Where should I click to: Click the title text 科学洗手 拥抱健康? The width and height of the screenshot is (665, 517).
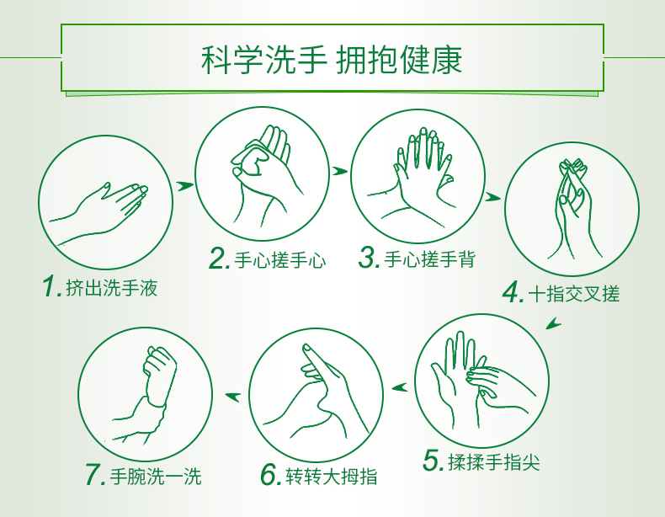pyautogui.click(x=332, y=60)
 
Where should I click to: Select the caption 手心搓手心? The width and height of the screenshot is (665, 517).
pyautogui.click(x=280, y=260)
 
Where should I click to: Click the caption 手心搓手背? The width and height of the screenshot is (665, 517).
pyautogui.click(x=430, y=259)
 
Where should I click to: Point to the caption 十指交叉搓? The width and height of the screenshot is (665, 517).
pyautogui.click(x=574, y=294)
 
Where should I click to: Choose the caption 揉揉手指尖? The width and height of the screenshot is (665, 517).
pyautogui.click(x=493, y=461)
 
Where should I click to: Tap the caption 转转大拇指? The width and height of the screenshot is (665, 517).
pyautogui.click(x=331, y=476)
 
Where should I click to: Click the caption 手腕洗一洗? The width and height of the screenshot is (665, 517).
pyautogui.click(x=156, y=476)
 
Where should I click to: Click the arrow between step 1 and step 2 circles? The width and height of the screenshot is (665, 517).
pyautogui.click(x=185, y=186)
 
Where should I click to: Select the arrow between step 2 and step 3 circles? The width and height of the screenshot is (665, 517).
pyautogui.click(x=340, y=171)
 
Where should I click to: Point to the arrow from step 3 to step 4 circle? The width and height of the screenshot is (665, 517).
pyautogui.click(x=492, y=197)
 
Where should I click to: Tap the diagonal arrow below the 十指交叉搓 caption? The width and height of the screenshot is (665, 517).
pyautogui.click(x=553, y=323)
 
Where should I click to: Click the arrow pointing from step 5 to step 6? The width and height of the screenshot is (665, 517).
pyautogui.click(x=400, y=387)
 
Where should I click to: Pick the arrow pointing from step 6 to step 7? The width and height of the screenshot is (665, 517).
pyautogui.click(x=233, y=397)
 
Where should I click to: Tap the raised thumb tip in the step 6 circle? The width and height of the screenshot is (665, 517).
pyautogui.click(x=307, y=349)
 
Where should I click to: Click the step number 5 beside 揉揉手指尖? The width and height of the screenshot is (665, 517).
pyautogui.click(x=434, y=460)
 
